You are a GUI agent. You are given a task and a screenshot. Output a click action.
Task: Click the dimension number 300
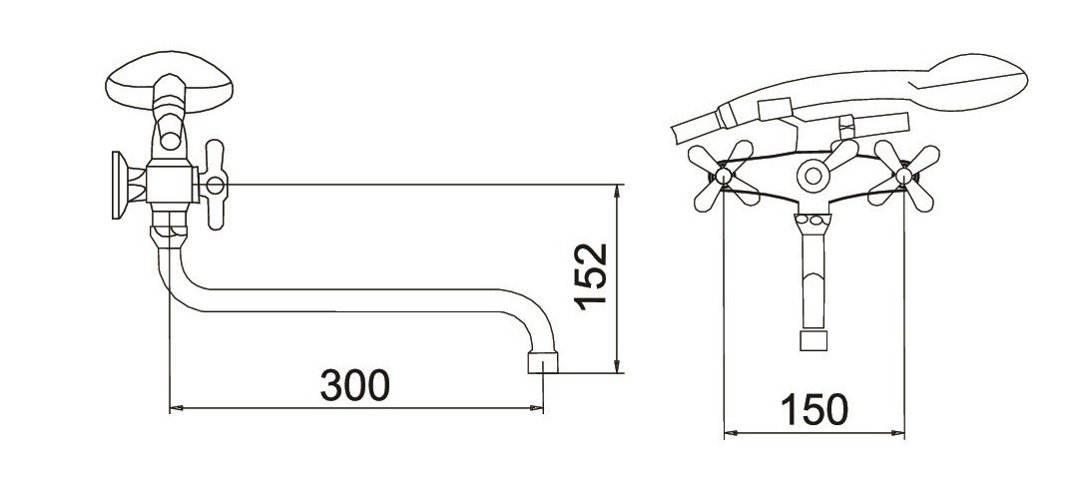click(355, 385)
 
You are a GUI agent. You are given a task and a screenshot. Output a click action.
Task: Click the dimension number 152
click(591, 275)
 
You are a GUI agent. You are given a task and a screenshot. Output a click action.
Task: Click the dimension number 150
click(815, 410)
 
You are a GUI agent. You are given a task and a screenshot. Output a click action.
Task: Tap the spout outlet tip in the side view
click(543, 362)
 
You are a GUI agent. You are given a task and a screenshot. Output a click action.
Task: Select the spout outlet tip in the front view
click(814, 341)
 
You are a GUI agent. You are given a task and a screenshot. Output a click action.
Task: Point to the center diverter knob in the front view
click(814, 175)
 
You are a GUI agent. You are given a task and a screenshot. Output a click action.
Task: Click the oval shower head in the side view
click(170, 82)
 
